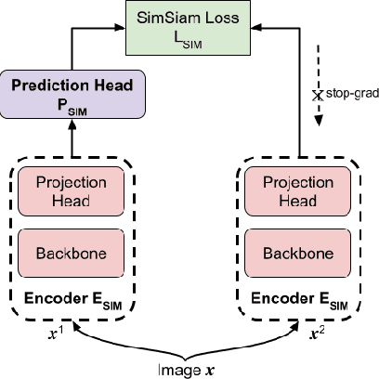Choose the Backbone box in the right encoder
click(x=301, y=253)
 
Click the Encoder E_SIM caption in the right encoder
click(x=301, y=300)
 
